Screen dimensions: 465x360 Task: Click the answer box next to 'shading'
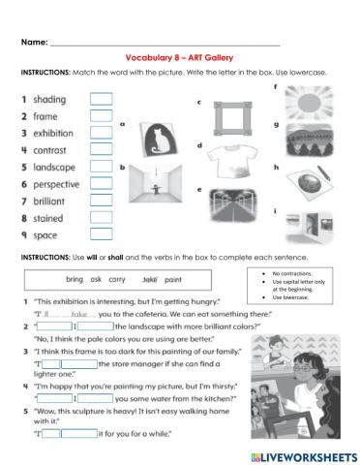point(102,98)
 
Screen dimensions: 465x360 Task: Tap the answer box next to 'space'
point(102,234)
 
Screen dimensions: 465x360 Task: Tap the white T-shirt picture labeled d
point(230,164)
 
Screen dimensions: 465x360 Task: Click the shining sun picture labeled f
point(310,104)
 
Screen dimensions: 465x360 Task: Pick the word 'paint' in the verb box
point(175,278)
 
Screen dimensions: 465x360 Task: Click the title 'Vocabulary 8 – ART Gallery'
point(179,58)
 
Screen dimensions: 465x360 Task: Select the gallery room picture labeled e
point(230,204)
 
